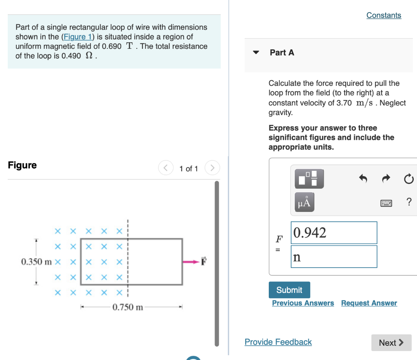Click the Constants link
pos(384,15)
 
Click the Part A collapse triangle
pos(256,52)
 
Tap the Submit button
pos(289,290)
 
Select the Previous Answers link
pos(303,303)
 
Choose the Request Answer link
pos(369,303)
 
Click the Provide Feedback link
pos(278,342)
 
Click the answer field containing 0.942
pos(334,233)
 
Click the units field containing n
pos(334,257)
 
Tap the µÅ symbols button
pos(307,202)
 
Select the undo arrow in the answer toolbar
pos(363,178)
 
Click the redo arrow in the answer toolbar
pos(386,178)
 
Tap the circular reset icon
pos(409,179)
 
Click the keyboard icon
pos(386,202)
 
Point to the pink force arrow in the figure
pos(190,262)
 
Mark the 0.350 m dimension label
pos(36,261)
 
